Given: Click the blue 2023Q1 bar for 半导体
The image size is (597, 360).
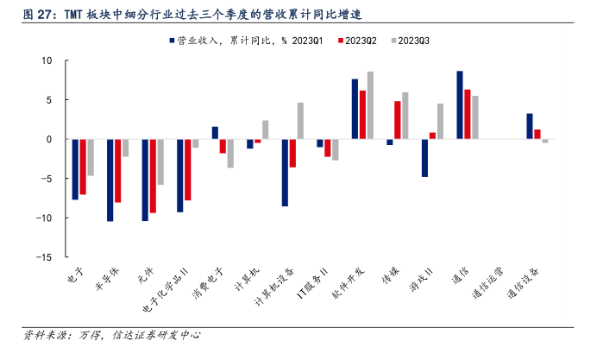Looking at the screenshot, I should [110, 180].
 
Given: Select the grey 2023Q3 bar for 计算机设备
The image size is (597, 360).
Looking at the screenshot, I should [300, 121].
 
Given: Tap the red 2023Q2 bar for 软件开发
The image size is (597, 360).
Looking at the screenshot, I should [362, 115].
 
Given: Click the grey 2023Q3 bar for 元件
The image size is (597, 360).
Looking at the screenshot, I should [160, 161].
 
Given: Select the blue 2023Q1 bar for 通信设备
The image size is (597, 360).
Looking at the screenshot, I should [530, 126].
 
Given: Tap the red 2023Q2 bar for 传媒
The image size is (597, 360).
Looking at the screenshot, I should [398, 120].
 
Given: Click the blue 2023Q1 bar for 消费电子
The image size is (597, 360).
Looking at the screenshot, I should [215, 133].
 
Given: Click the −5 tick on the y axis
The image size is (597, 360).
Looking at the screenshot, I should [47, 179].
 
